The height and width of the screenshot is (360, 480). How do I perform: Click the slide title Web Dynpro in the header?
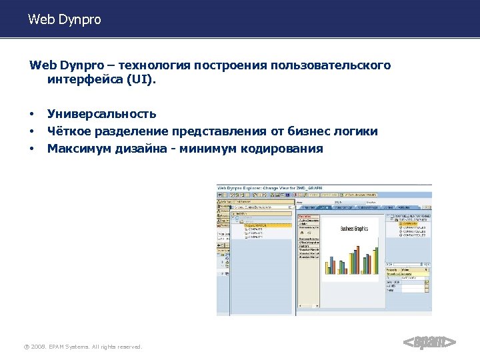pyautogui.click(x=65, y=20)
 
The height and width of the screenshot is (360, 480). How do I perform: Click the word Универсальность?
pyautogui.click(x=102, y=114)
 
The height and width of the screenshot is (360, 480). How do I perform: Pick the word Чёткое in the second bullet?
pyautogui.click(x=67, y=131)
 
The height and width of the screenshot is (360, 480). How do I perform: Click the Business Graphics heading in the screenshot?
pyautogui.click(x=354, y=229)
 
